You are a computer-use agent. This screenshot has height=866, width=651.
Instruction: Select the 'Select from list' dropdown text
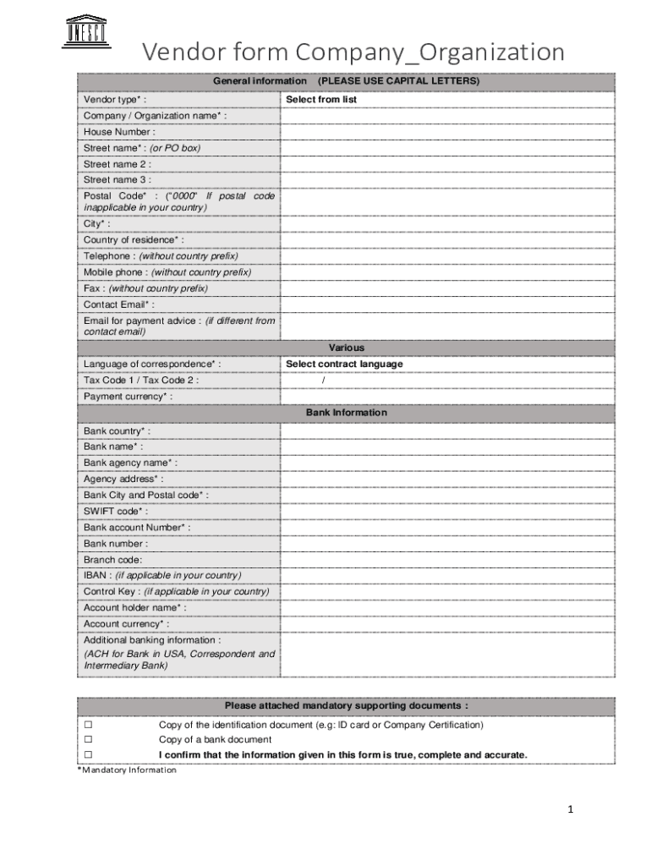coord(321,100)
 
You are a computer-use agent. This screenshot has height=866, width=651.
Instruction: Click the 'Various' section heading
coord(347,348)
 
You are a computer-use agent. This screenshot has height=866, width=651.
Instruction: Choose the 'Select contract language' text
coord(344,364)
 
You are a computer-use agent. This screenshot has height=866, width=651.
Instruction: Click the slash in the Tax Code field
coord(324,381)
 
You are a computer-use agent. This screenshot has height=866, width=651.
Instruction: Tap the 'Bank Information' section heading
coord(347,413)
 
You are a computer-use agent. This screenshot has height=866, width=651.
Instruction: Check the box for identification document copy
coord(87,725)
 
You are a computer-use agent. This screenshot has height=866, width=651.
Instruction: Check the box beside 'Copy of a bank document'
coord(87,740)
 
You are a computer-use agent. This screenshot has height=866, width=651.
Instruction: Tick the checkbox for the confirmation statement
coord(87,754)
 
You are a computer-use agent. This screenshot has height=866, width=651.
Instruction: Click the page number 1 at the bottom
coord(571,810)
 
